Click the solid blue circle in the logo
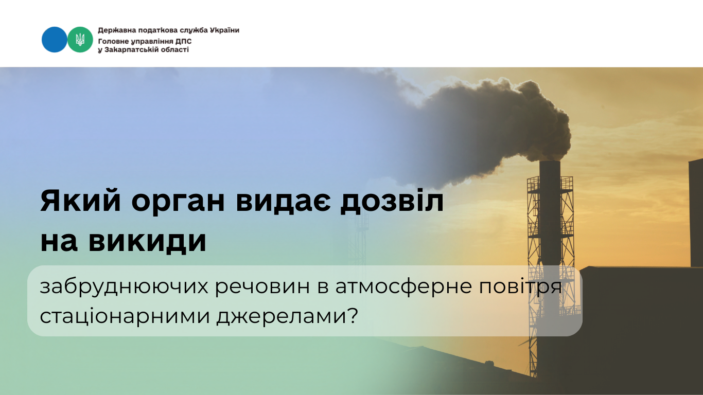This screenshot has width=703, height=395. [x=54, y=40]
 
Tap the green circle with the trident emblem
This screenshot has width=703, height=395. [x=80, y=40]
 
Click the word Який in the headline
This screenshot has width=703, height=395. [x=81, y=201]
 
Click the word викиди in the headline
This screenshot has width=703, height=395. [x=147, y=242]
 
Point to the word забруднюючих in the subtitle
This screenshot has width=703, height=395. [x=124, y=287]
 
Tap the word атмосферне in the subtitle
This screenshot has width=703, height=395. [x=403, y=287]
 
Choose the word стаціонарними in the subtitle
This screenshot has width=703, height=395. [x=125, y=316]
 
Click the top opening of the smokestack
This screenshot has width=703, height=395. [x=550, y=162]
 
